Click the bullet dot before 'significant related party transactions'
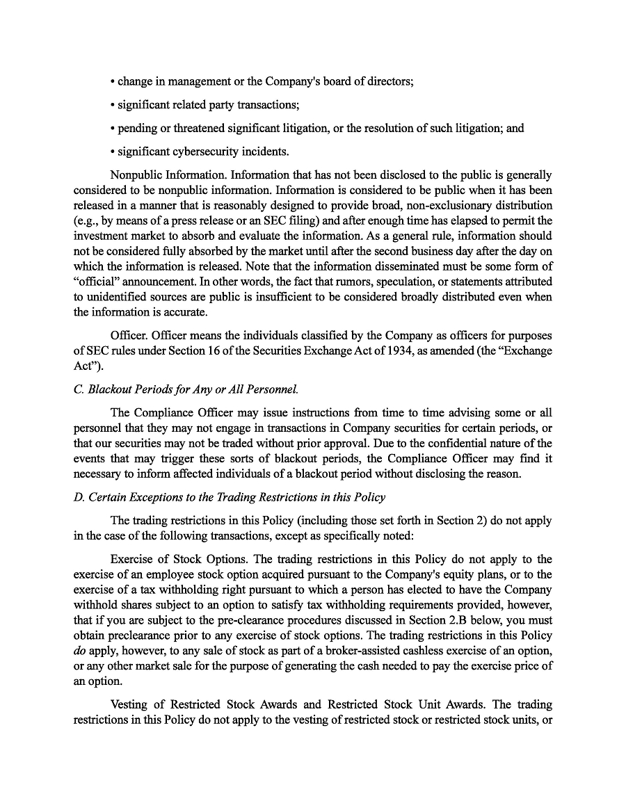(112, 105)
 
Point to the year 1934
(376, 350)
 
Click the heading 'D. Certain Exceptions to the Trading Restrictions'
(230, 497)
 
